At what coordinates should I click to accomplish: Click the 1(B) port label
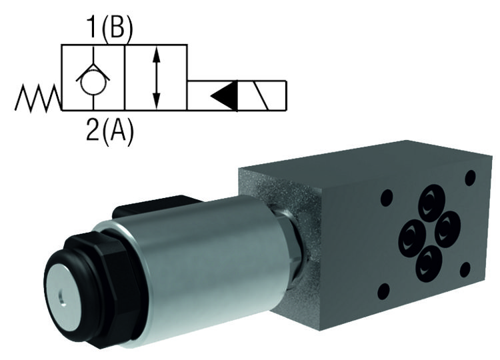110,30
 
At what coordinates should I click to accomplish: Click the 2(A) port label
110,130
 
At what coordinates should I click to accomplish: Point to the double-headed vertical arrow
156,78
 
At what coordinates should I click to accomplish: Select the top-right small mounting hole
471,177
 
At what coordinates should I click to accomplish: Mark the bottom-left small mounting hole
384,292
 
